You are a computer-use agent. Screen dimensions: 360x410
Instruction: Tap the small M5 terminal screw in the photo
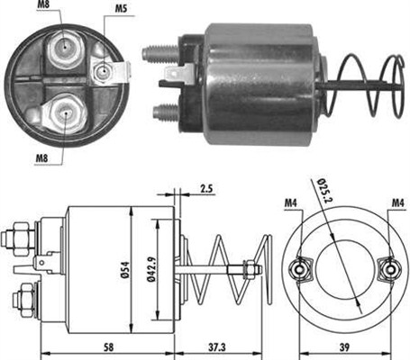click(105, 71)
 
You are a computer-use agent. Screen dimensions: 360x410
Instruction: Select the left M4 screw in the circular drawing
click(298, 268)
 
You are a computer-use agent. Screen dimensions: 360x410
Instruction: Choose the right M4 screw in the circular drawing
click(391, 268)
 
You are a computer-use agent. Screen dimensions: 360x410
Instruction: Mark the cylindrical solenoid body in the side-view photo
click(261, 76)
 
